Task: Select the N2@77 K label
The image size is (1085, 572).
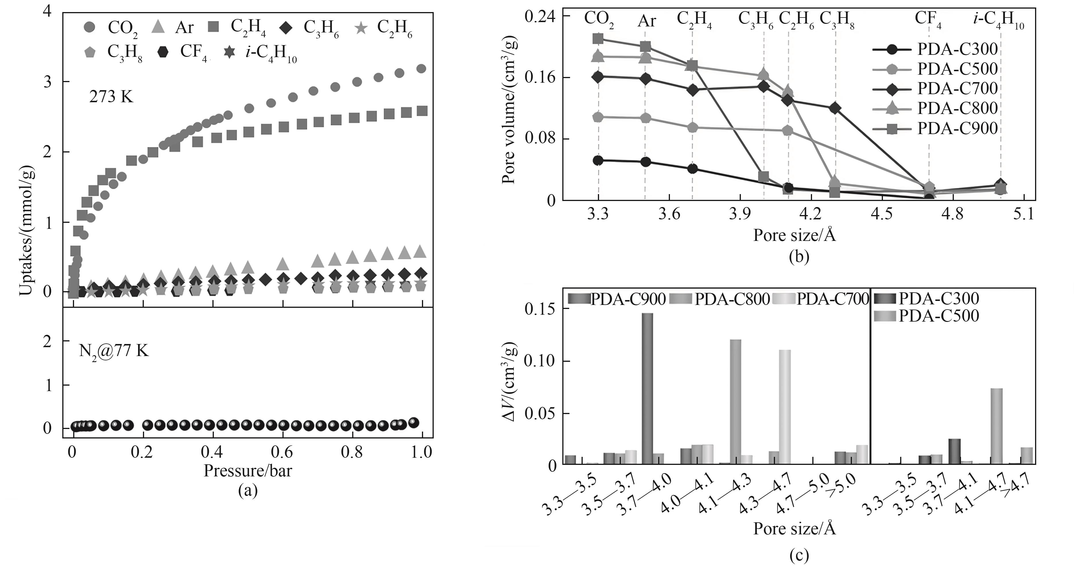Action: coord(114,350)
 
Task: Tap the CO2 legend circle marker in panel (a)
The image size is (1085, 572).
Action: coord(90,27)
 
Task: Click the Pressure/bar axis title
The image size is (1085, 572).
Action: coord(248,470)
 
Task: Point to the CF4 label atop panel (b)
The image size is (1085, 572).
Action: coord(928,20)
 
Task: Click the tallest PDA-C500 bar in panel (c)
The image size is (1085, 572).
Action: coord(997,426)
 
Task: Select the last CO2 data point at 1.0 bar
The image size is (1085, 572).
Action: coord(421,69)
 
